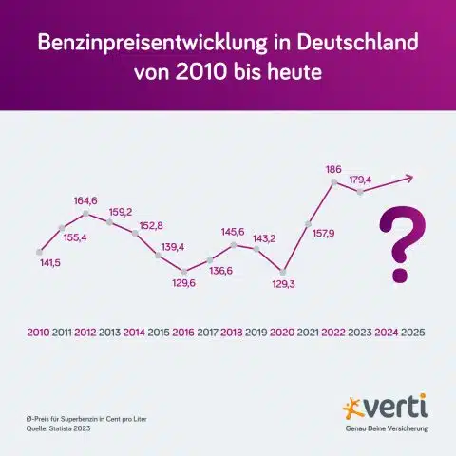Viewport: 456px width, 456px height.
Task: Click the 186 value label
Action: coord(332,170)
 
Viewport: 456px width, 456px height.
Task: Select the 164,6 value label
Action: coord(86,200)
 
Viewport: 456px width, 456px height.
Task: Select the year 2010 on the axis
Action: coord(39,332)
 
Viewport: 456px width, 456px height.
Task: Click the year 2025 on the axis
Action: coord(412,332)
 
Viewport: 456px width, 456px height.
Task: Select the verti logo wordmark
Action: coord(394,408)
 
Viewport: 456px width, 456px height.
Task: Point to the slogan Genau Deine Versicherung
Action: coord(386,428)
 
